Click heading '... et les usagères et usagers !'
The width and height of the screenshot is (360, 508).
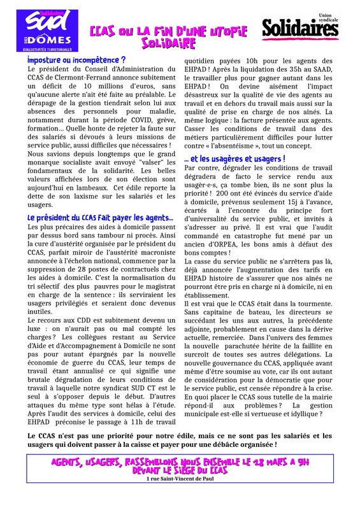click(x=234, y=158)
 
